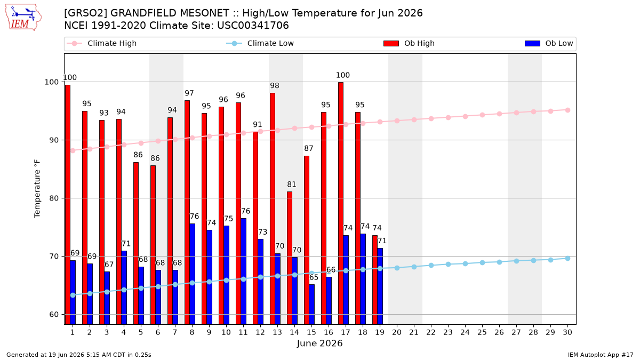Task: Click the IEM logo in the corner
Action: coord(23,18)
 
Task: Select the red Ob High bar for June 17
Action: coord(341,203)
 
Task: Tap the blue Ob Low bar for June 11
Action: coord(243,271)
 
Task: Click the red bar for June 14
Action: coord(290,258)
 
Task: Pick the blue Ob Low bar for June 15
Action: coord(311,305)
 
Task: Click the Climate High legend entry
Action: coord(102,43)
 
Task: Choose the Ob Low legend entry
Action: coord(549,43)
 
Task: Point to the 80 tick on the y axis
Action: coord(54,198)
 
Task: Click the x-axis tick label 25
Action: coord(482,332)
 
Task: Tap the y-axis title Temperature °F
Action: coord(37,189)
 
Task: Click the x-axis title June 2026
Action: coord(319,343)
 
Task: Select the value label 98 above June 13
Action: coord(275,86)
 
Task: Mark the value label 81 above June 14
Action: coord(292,185)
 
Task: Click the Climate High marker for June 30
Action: coord(567,110)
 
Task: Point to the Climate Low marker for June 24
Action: coord(465,263)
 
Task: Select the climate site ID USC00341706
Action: coord(253,26)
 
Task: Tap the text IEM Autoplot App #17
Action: coord(601,355)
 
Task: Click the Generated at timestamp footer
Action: coord(78,355)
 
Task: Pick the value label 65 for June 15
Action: coord(314,277)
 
